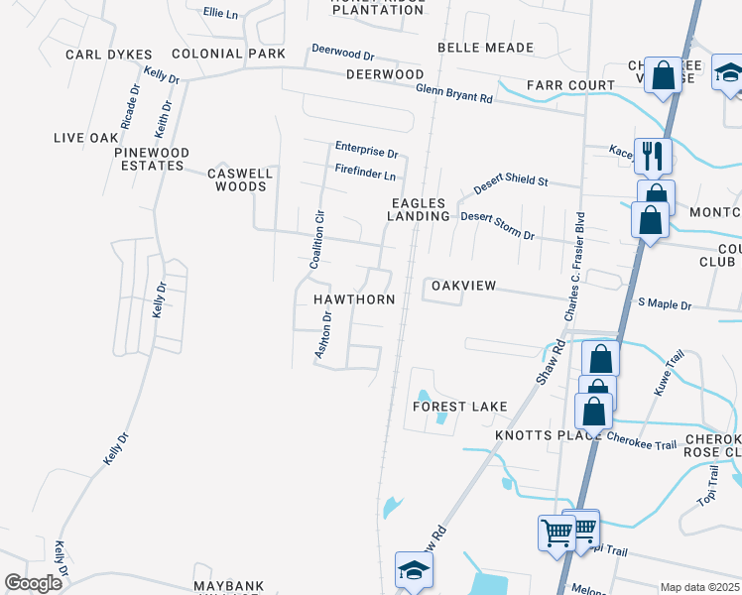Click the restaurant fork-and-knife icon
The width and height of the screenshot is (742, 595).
[652, 155]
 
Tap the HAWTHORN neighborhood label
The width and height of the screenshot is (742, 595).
[354, 298]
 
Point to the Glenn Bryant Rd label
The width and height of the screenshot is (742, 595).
[454, 93]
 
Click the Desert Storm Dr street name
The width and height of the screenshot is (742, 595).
[498, 226]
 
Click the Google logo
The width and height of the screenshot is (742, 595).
[33, 582]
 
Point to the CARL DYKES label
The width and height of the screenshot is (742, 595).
[109, 55]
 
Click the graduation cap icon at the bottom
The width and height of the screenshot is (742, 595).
[413, 569]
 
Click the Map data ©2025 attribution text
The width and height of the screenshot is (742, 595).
[699, 587]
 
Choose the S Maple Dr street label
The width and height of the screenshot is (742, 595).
[664, 303]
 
